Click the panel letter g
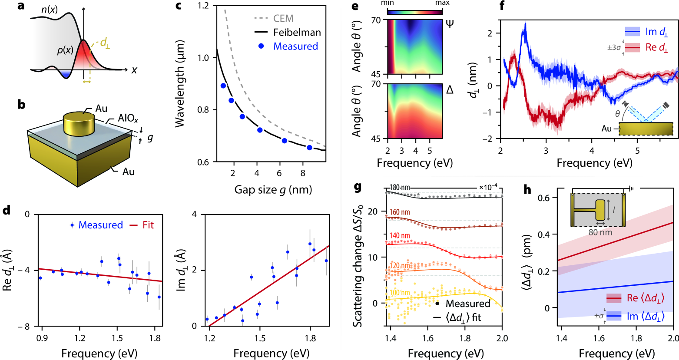click(358, 188)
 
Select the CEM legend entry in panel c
click(283, 18)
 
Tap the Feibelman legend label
click(297, 32)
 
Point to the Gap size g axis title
click(273, 190)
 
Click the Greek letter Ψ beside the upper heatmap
click(450, 23)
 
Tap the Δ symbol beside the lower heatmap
click(450, 89)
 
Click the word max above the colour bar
click(442, 3)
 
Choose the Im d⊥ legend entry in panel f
click(656, 32)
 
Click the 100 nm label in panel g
click(400, 293)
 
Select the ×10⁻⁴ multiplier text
click(488, 187)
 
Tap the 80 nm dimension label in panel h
click(600, 232)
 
